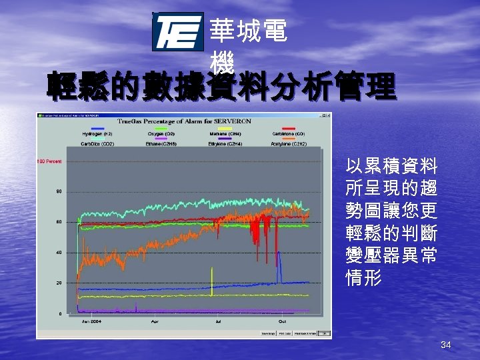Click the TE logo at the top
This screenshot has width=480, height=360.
(178, 32)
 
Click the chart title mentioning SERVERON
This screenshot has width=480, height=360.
(184, 121)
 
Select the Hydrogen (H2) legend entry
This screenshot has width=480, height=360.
(97, 134)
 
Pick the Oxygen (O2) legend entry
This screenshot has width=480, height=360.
(161, 134)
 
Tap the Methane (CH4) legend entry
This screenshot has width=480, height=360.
(225, 134)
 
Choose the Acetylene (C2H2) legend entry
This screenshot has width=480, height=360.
(289, 144)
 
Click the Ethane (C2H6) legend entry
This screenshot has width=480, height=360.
(161, 144)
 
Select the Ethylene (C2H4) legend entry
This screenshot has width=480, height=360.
(225, 144)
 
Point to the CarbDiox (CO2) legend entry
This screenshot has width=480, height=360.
(97, 144)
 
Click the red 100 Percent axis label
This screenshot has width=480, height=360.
(49, 161)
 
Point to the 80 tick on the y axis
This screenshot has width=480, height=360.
(59, 192)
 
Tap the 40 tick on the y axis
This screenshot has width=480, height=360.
(59, 253)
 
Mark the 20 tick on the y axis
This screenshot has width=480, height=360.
(59, 283)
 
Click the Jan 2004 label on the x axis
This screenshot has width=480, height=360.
(91, 322)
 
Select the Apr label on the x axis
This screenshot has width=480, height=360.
(155, 322)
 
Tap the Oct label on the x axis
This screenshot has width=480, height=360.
(273, 322)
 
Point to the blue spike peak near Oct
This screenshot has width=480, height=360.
(279, 253)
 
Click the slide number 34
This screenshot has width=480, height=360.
(446, 345)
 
